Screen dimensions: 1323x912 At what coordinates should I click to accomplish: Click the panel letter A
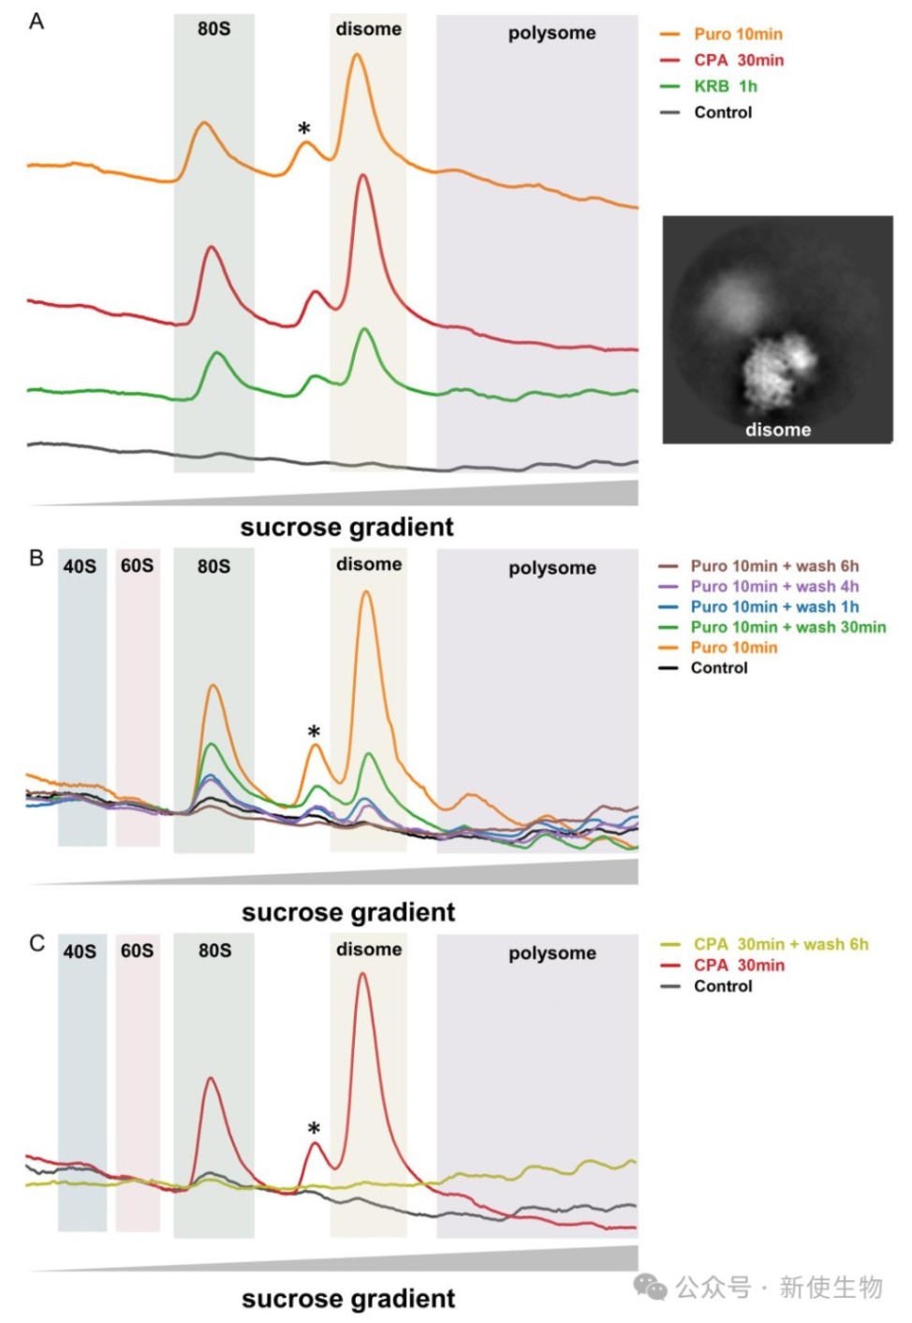[x=37, y=22]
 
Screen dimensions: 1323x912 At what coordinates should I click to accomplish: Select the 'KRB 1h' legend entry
[x=725, y=86]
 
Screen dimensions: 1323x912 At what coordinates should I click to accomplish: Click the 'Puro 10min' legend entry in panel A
[x=738, y=34]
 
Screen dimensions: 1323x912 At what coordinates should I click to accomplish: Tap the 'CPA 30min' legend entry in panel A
[x=739, y=60]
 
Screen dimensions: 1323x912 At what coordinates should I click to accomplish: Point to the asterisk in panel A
[x=303, y=129]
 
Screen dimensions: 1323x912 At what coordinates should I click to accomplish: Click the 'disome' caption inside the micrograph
[x=777, y=429]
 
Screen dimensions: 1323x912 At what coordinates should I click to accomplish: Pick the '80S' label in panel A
[x=213, y=29]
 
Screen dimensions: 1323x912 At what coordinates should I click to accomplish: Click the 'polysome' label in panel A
[x=552, y=33]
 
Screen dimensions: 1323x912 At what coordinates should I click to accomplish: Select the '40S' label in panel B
[x=80, y=566]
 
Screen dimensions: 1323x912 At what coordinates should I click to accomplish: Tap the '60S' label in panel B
[x=137, y=566]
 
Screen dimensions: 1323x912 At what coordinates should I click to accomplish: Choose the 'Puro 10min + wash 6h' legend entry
[x=774, y=566]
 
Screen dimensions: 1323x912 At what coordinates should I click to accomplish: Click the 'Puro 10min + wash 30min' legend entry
[x=787, y=627]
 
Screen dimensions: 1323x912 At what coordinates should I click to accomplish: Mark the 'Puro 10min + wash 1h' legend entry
[x=774, y=606]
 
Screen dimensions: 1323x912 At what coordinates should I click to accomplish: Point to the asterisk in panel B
[x=314, y=733]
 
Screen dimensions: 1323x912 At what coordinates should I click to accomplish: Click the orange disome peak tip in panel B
[x=366, y=592]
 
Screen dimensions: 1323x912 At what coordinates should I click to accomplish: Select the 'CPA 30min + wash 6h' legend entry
[x=780, y=944]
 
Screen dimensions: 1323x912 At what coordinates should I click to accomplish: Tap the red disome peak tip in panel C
[x=362, y=974]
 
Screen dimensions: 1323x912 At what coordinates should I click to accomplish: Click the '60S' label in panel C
[x=137, y=951]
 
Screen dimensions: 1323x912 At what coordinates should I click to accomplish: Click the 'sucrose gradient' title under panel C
[x=348, y=1299]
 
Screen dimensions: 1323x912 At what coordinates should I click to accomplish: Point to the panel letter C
[x=37, y=943]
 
